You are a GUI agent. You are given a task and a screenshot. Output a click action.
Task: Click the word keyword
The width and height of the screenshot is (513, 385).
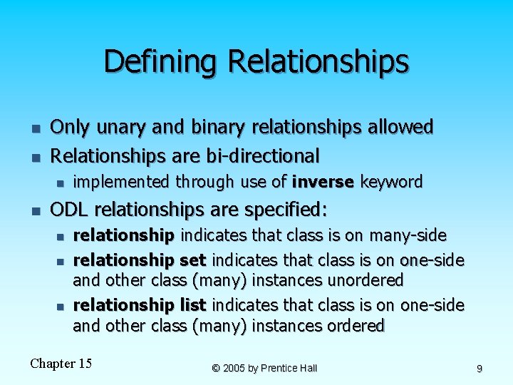tap(391, 183)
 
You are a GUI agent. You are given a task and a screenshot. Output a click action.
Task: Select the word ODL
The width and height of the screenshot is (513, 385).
tap(68, 210)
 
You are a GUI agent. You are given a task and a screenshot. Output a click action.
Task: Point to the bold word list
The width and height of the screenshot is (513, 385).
tap(192, 306)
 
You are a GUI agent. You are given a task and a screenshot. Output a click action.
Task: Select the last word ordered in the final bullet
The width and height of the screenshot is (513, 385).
tap(353, 326)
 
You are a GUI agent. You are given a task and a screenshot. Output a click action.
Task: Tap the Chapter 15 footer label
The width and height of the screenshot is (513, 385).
tap(61, 364)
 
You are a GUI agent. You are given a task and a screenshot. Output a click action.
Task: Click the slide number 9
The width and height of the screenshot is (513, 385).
tap(480, 369)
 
